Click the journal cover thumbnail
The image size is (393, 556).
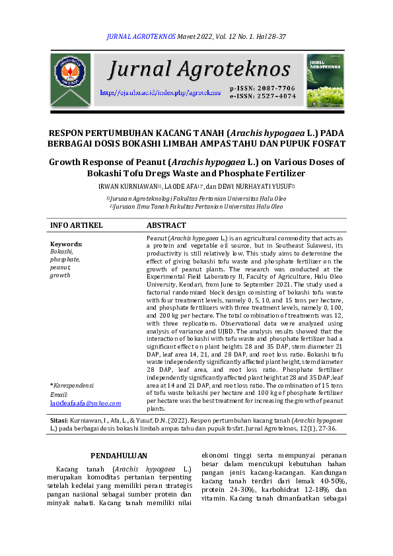point(324,80)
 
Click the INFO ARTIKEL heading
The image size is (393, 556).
point(77,226)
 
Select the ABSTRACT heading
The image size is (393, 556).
point(166,226)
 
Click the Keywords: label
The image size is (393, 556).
point(66,244)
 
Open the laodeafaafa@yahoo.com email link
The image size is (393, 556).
point(85,403)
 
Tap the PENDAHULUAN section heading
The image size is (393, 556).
point(119,455)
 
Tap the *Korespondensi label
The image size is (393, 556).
point(72,385)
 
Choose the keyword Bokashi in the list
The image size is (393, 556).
point(61,252)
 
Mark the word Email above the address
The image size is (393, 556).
point(59,394)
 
